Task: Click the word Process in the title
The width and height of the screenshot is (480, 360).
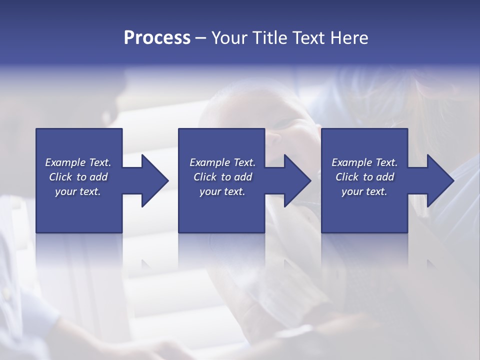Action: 157,38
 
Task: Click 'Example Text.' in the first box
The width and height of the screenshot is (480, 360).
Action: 78,162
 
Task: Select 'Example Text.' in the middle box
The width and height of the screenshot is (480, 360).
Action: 222,162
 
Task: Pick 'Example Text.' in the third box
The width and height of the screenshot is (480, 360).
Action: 364,162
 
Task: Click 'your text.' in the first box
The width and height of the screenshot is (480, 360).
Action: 78,191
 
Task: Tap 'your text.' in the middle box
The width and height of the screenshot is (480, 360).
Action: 222,191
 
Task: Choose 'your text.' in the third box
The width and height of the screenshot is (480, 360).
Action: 364,191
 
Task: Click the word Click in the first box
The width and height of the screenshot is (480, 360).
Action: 60,177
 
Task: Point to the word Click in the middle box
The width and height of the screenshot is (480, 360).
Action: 205,177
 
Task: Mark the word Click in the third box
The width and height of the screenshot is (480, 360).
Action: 347,177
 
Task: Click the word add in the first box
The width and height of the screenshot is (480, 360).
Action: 98,177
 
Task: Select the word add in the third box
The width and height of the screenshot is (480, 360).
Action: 385,177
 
